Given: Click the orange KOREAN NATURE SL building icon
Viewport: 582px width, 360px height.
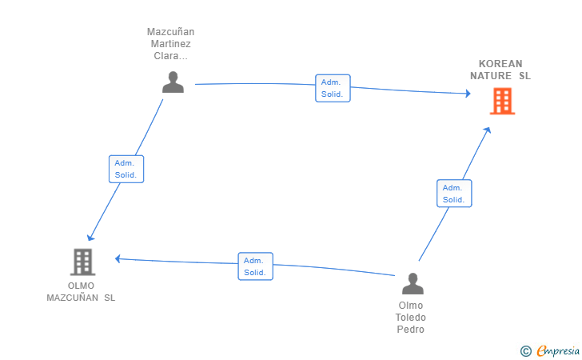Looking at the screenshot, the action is (x=502, y=101).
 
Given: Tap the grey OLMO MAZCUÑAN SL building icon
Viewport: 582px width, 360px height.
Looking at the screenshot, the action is (x=83, y=262).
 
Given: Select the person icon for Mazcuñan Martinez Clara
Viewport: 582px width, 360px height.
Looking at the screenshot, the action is (x=173, y=82).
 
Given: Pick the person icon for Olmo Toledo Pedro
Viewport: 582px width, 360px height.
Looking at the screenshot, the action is (x=413, y=284).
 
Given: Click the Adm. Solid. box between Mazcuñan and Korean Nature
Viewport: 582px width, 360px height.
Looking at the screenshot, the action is (x=333, y=88).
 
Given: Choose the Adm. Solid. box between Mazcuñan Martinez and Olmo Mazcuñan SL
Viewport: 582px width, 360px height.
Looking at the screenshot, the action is (x=126, y=169).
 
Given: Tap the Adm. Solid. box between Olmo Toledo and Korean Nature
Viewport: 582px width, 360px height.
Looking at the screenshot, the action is (x=454, y=193).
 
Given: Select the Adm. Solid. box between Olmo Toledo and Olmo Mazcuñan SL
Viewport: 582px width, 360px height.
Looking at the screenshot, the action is (x=255, y=266).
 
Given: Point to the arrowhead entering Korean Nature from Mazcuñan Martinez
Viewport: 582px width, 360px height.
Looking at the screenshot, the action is (x=468, y=94).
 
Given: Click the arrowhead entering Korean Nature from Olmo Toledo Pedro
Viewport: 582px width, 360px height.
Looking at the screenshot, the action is (x=488, y=130).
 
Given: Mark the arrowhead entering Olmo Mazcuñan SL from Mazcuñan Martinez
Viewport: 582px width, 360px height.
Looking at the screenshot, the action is (x=90, y=238).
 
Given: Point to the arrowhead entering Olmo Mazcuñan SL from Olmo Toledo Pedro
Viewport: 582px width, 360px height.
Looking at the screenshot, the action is (x=118, y=258).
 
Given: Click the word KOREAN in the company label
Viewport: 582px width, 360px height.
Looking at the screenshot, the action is (x=500, y=63).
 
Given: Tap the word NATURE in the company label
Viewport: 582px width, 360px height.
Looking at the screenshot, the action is (x=491, y=76).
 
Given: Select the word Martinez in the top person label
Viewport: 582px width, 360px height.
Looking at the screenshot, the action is (x=171, y=44).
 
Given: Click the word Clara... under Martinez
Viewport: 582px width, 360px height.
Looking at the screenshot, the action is (x=171, y=56).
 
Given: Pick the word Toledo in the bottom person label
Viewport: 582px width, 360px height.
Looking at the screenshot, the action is (x=411, y=318).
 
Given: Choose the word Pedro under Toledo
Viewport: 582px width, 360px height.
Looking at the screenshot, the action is (x=411, y=329).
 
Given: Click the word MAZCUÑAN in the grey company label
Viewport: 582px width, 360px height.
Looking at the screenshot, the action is (x=73, y=298).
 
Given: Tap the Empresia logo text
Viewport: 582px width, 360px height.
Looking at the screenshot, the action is (x=558, y=350).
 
